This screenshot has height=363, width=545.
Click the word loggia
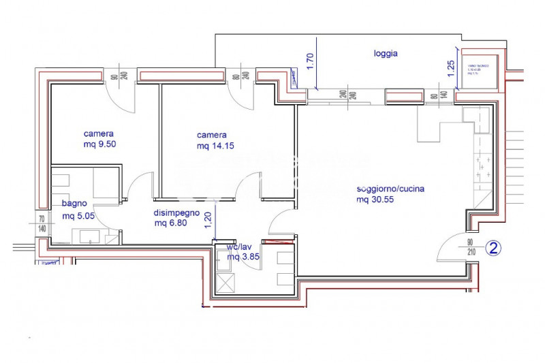coord(386,53)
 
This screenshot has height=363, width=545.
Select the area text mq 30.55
coord(375,200)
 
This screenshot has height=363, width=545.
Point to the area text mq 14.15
coord(214,146)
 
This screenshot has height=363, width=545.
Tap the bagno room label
coord(74,204)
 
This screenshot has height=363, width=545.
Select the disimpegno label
coord(176,212)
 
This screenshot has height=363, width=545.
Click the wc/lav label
coord(240,247)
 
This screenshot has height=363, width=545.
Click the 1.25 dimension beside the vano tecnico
coord(451,69)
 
